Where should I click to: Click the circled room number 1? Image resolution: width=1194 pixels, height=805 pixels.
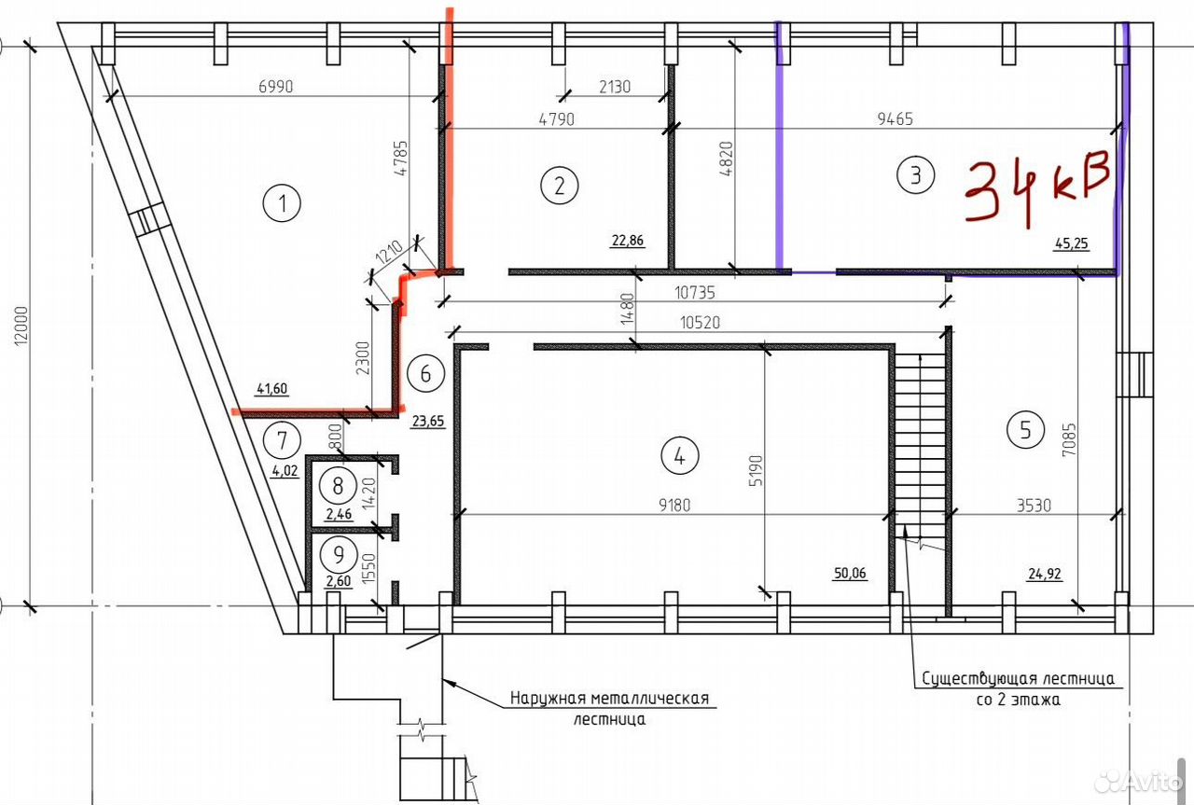click(282, 203)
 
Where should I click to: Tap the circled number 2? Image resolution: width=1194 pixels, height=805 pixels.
click(559, 186)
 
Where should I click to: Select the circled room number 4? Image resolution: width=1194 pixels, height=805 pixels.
click(680, 456)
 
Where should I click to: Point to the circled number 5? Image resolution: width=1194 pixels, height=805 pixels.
click(1025, 430)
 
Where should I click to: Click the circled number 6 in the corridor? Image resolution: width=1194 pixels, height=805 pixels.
click(425, 374)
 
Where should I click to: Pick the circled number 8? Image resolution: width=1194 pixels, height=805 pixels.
click(338, 486)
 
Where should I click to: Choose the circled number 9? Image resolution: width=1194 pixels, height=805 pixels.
click(339, 555)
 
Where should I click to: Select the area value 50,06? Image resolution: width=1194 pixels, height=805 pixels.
click(850, 573)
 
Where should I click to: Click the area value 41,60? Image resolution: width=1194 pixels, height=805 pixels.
click(271, 389)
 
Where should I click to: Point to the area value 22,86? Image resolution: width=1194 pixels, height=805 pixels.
click(628, 241)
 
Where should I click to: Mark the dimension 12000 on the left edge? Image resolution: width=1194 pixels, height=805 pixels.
click(21, 326)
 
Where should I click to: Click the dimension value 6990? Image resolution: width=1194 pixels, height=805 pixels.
click(275, 87)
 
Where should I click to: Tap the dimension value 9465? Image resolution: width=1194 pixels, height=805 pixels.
click(895, 118)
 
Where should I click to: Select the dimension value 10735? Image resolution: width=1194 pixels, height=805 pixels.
click(695, 293)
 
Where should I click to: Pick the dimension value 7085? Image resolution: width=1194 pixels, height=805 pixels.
click(1069, 439)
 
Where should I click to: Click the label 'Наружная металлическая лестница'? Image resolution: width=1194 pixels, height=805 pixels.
click(610, 708)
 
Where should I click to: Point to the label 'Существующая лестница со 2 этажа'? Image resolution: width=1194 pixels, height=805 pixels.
click(1018, 688)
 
